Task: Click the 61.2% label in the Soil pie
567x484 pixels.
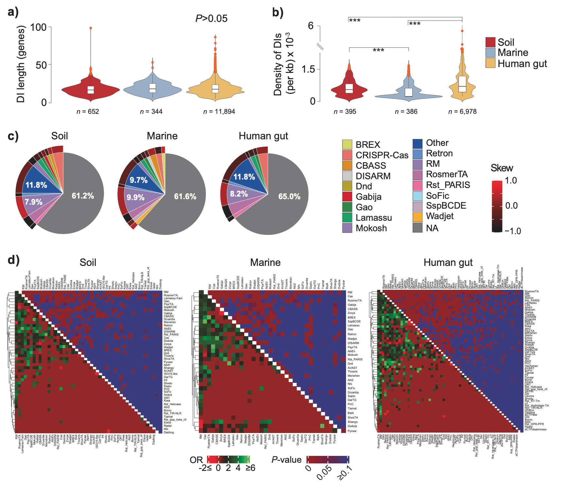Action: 83,196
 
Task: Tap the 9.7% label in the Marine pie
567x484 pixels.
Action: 139,180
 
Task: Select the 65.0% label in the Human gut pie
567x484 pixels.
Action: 289,197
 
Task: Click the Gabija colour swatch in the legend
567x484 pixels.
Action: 347,197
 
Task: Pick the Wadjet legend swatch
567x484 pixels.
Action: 418,216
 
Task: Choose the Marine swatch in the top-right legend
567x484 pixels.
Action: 490,53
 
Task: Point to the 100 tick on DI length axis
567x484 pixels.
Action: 39,27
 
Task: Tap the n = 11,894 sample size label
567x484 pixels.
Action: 219,112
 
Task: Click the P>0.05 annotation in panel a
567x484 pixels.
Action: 211,19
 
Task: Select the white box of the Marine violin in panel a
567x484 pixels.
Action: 152,88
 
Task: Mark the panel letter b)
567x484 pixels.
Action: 278,12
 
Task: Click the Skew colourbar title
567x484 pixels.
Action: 502,168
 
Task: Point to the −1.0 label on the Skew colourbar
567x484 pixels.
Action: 512,231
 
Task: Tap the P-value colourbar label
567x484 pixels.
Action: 286,460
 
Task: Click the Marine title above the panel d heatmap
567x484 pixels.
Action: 265,263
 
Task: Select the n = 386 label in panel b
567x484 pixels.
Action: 406,112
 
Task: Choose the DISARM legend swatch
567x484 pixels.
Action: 347,176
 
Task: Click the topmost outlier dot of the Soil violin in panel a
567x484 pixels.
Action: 91,28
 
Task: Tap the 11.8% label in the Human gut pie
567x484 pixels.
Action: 244,177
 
